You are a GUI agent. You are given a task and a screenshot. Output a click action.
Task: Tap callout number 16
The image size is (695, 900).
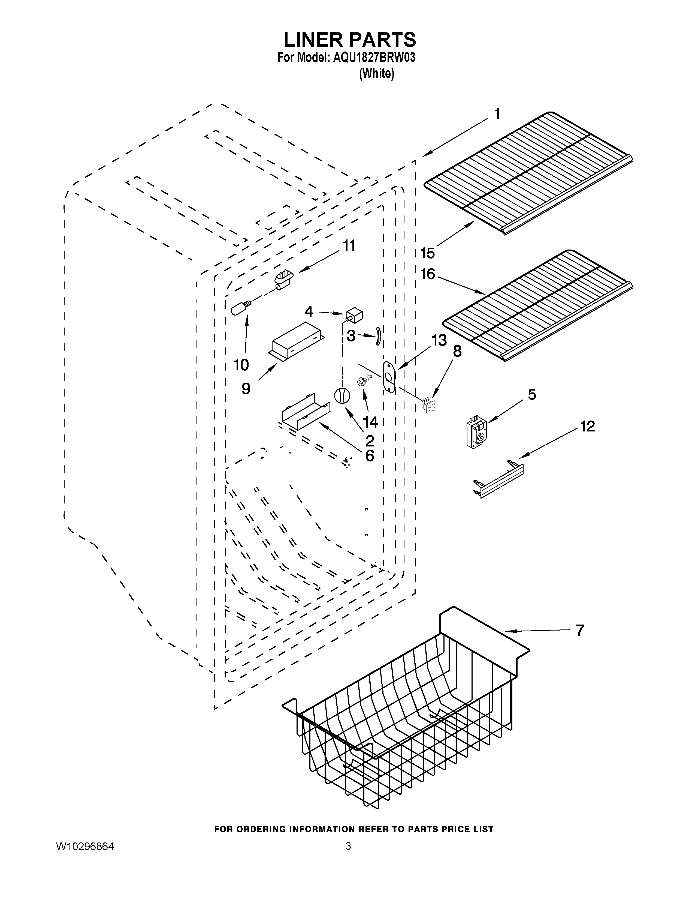[x=428, y=274]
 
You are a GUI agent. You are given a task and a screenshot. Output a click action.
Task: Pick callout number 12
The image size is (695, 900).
[x=588, y=426]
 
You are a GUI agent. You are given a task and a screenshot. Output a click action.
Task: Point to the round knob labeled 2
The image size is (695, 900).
[x=342, y=396]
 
